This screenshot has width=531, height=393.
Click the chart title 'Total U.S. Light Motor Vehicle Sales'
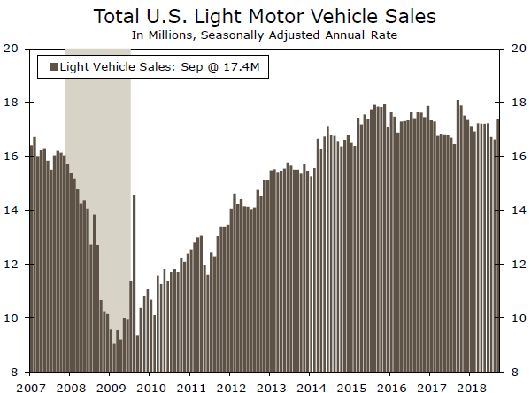[x=265, y=16]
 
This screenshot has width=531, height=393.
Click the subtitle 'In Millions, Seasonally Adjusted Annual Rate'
[x=265, y=35]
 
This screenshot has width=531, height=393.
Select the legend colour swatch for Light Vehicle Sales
[x=52, y=67]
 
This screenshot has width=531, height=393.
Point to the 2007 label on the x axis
[x=31, y=386]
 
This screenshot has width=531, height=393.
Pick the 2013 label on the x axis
[x=271, y=386]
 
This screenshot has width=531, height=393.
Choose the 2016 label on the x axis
[x=391, y=386]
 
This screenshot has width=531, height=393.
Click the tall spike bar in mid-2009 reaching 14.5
[x=134, y=283]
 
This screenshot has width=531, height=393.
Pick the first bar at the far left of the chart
[x=31, y=257]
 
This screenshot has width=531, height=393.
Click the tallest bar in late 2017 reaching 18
[x=458, y=236]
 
